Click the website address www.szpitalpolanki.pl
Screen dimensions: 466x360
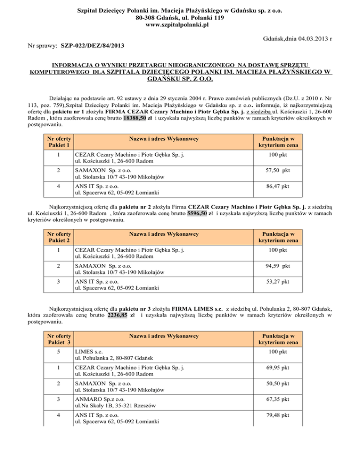(x=180, y=25)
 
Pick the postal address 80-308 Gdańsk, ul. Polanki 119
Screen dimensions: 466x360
(x=180, y=17)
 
